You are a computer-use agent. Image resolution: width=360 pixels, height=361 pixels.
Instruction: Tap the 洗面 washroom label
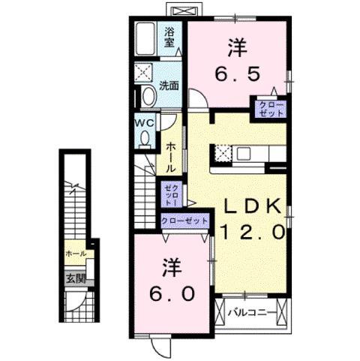coord(169,86)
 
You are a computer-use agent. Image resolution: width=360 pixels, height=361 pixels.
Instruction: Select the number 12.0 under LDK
coord(250,233)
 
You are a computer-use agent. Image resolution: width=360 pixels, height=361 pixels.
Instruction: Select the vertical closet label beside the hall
coord(172,194)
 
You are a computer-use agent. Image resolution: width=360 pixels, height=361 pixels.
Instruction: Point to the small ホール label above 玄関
coord(75,254)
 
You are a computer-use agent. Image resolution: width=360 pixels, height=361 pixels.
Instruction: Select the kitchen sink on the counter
coord(246,155)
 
